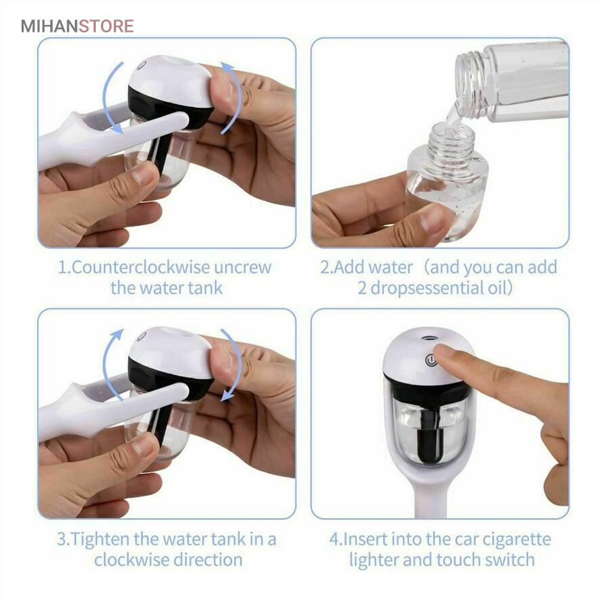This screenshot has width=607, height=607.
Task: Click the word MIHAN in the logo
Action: tap(49, 26)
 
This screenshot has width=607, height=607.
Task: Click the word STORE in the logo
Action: tap(107, 26)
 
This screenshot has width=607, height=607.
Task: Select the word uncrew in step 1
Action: tap(243, 268)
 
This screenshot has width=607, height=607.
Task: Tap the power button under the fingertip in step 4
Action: tap(430, 361)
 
